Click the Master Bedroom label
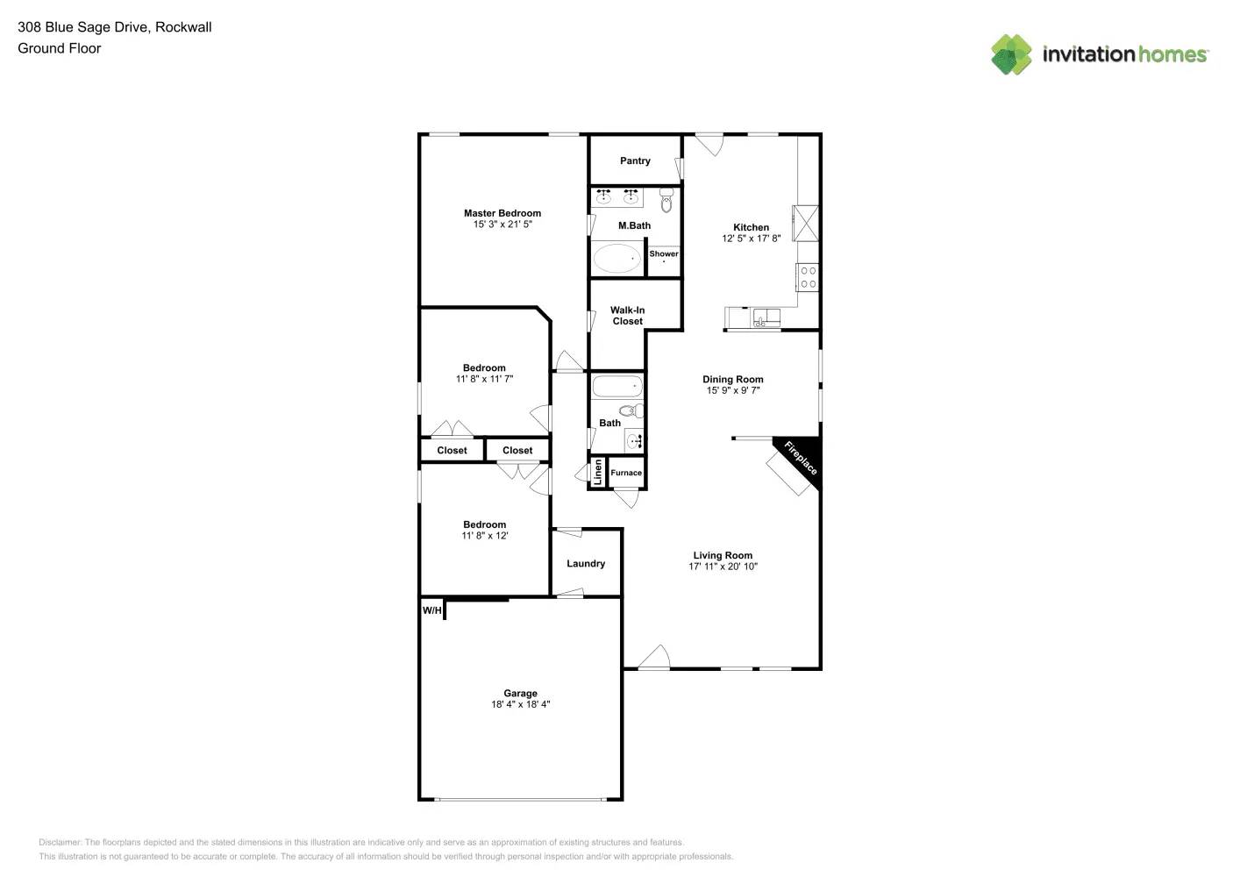click(502, 213)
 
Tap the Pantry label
click(635, 161)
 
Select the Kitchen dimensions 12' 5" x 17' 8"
click(751, 239)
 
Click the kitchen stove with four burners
click(808, 277)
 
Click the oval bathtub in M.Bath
click(617, 259)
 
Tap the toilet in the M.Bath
click(666, 202)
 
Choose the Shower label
click(663, 254)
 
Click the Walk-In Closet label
click(627, 316)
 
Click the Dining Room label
click(732, 380)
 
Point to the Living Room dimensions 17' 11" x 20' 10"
click(723, 567)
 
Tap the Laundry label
click(586, 564)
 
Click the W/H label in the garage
click(432, 610)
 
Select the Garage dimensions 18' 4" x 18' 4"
click(520, 704)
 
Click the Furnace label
click(626, 473)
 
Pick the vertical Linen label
click(598, 473)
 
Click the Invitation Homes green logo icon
click(1011, 54)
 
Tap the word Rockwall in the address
click(183, 27)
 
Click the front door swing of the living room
click(655, 658)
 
